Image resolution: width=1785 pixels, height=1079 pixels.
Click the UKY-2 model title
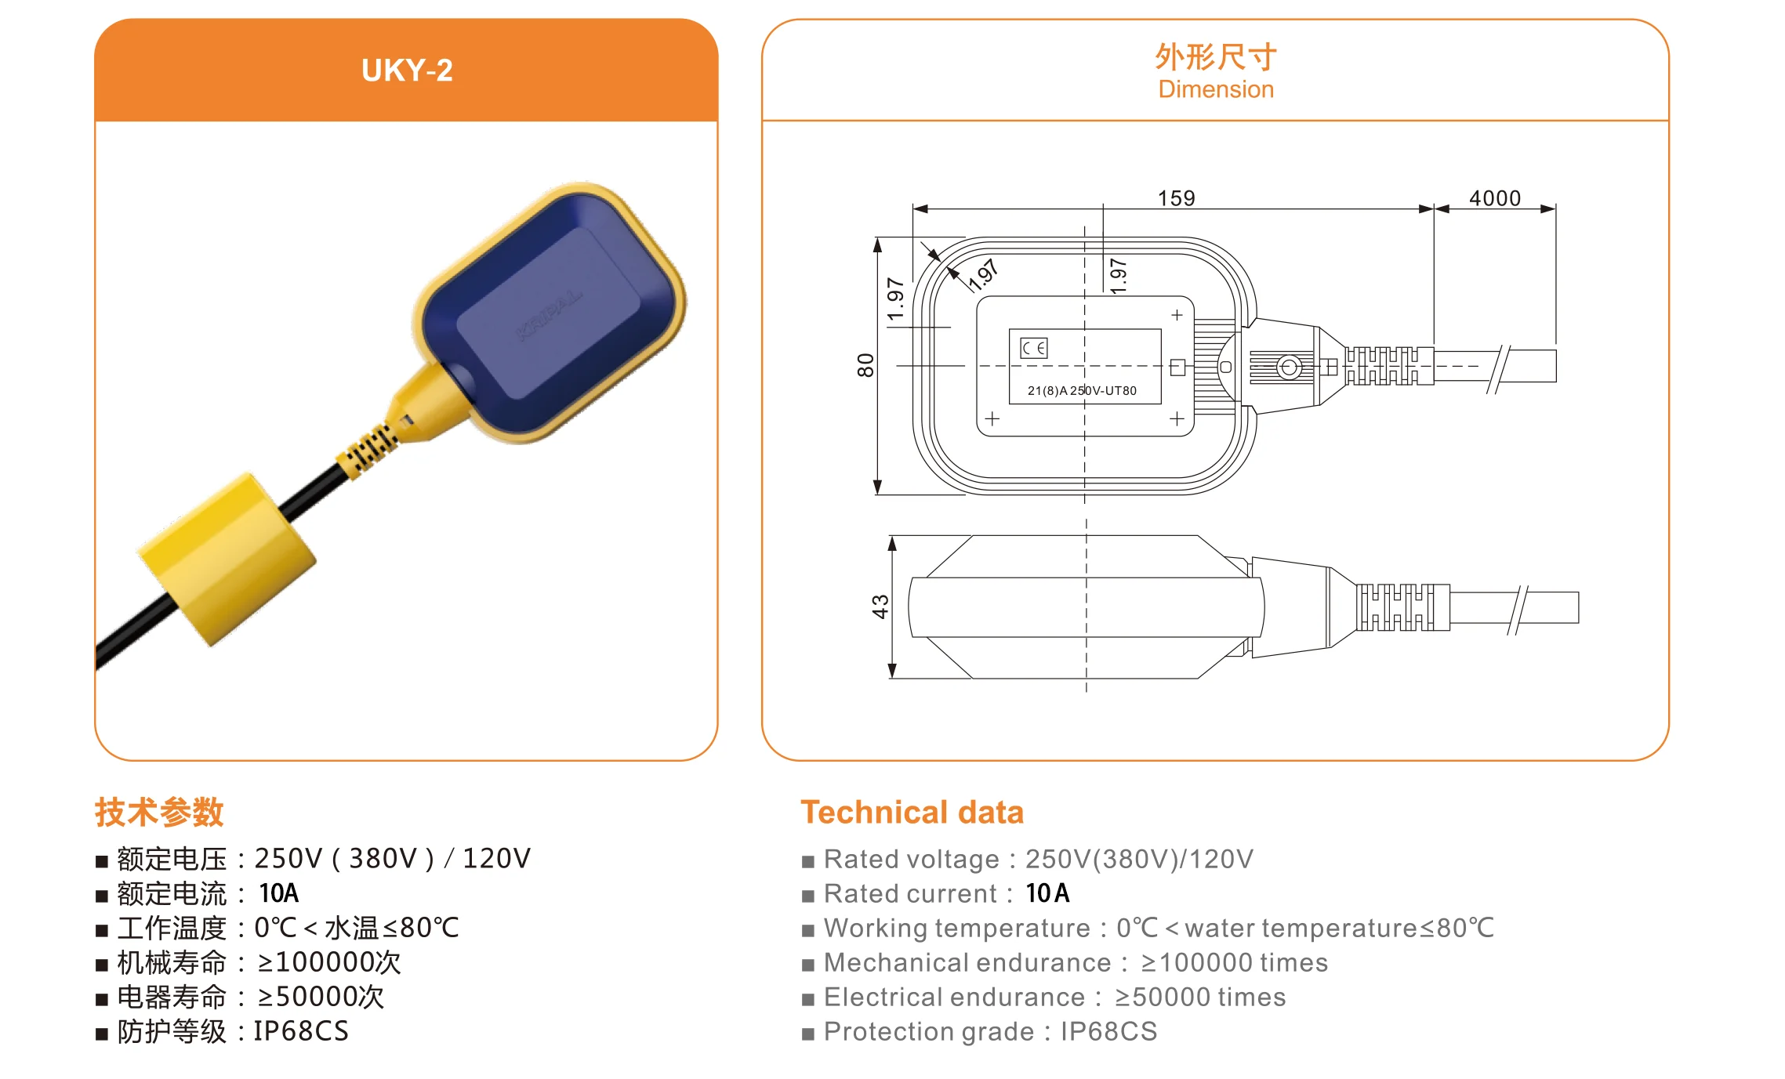pos(407,71)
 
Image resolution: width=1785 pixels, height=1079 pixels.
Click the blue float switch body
pos(549,313)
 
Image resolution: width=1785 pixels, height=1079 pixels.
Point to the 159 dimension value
pos(1176,198)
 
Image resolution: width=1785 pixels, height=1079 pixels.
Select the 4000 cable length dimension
pos(1494,198)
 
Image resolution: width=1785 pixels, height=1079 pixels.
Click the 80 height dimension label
pos(865,365)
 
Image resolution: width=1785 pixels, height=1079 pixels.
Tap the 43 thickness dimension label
pos(880,606)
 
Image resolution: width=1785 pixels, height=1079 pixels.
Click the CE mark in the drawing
pos(1033,348)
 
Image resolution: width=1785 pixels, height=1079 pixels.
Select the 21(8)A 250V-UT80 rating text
pos(1082,390)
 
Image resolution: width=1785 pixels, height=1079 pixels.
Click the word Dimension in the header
pos(1216,89)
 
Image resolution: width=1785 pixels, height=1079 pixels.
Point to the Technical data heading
pos(912,813)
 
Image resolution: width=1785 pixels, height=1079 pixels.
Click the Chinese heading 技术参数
pos(159,813)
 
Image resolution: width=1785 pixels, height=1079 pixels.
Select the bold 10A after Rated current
pos(1047,893)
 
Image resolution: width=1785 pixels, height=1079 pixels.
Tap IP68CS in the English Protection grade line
pos(1108,1031)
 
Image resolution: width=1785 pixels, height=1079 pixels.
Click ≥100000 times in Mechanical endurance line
pos(1234,962)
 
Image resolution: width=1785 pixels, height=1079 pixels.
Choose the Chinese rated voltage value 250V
pos(288,859)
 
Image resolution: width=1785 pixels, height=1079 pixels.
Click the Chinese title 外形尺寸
pos(1216,57)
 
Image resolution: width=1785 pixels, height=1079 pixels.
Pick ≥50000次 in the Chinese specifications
pos(321,997)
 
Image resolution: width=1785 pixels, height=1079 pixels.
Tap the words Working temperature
pos(956,928)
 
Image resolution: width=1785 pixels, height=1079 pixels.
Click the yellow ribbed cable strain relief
pos(365,450)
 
